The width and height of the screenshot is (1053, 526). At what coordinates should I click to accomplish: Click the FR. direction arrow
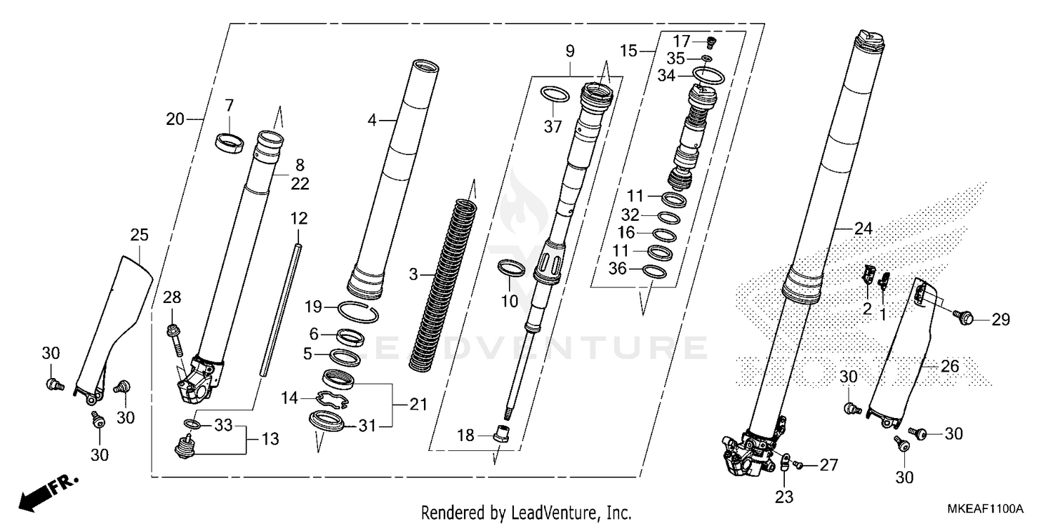pyautogui.click(x=48, y=492)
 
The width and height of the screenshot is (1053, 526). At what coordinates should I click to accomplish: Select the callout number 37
pyautogui.click(x=554, y=126)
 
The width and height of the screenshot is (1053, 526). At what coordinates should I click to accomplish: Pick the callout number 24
pyautogui.click(x=863, y=228)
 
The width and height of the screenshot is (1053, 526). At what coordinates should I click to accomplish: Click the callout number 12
pyautogui.click(x=298, y=218)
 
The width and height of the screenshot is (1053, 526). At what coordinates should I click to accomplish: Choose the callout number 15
pyautogui.click(x=628, y=51)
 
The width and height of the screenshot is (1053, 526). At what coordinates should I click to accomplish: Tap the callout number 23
pyautogui.click(x=783, y=497)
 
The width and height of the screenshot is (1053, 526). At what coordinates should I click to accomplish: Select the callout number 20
pyautogui.click(x=175, y=119)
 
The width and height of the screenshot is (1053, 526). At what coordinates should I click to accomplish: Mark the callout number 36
pyautogui.click(x=616, y=267)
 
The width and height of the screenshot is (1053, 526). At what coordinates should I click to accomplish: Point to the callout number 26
pyautogui.click(x=949, y=365)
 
